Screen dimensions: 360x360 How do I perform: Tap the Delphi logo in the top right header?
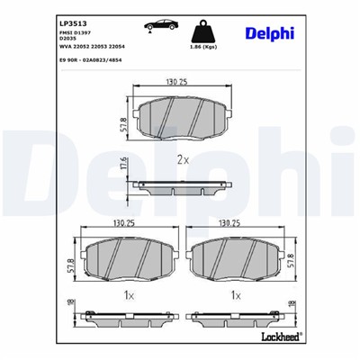[x=270, y=33]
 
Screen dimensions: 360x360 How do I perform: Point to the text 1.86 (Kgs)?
[x=209, y=46]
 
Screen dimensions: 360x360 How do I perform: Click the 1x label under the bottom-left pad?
[x=129, y=295]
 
